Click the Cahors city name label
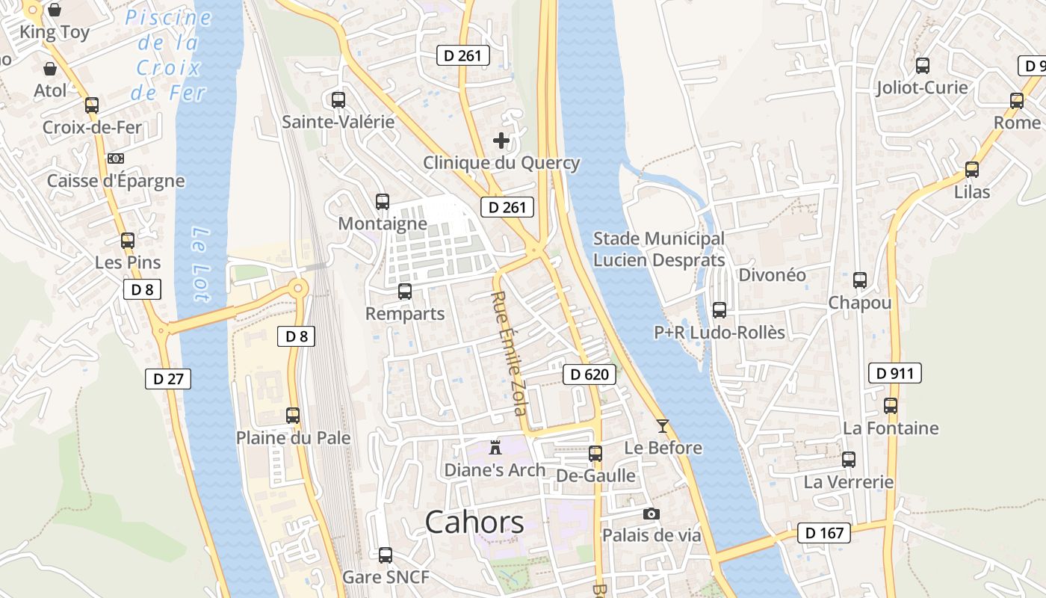tap(474, 523)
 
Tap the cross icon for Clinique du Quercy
tap(501, 141)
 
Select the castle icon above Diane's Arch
tap(495, 448)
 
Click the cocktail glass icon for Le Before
tap(663, 426)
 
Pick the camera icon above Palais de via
tap(652, 514)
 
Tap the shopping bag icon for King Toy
tap(55, 10)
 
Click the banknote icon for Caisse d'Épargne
tap(115, 158)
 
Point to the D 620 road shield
tap(589, 374)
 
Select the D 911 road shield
tap(894, 373)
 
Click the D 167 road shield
tap(824, 533)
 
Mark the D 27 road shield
tap(168, 379)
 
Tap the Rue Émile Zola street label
tap(509, 353)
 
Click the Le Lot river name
tap(199, 264)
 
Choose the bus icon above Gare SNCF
tap(386, 555)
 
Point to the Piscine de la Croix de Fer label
tap(168, 55)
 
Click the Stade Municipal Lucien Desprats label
tap(658, 250)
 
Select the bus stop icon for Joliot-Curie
tap(923, 66)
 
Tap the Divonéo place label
tap(772, 275)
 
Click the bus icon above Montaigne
tap(383, 201)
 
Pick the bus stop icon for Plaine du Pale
tap(293, 416)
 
